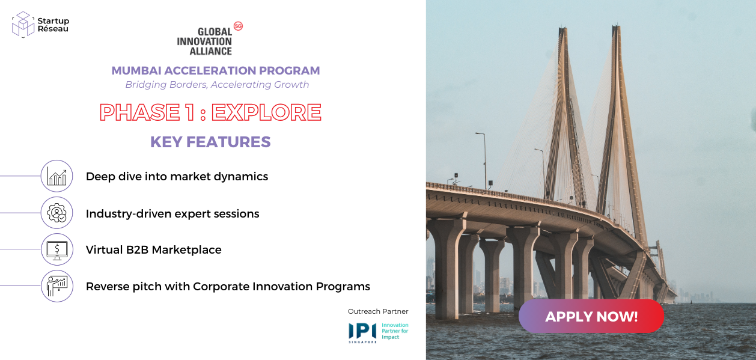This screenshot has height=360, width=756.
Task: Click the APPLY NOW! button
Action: [x=591, y=316]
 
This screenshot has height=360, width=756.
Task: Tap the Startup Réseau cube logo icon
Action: [x=23, y=24]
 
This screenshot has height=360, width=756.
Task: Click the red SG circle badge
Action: [x=238, y=26]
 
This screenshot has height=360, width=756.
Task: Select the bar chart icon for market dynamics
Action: [x=56, y=176]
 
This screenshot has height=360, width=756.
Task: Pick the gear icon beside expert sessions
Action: [x=56, y=213]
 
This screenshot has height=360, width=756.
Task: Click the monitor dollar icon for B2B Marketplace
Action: [x=56, y=249]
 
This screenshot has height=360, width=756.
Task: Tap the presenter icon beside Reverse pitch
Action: [x=56, y=286]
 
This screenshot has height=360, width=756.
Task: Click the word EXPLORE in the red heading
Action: [x=266, y=112]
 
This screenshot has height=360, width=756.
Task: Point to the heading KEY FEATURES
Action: [x=210, y=142]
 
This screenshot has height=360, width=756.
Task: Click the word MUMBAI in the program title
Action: [x=136, y=70]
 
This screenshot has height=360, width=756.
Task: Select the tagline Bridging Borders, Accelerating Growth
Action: [x=217, y=84]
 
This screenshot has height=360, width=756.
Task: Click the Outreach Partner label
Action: [x=378, y=311]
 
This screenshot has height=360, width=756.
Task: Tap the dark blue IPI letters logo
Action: [x=362, y=331]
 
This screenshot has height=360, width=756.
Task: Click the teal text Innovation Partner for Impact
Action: [x=395, y=331]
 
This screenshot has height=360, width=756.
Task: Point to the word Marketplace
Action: [x=187, y=250]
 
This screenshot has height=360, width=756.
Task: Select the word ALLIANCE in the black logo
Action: [x=210, y=51]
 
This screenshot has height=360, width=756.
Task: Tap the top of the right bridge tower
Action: [x=616, y=26]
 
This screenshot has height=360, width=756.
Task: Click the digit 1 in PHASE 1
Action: [x=190, y=112]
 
